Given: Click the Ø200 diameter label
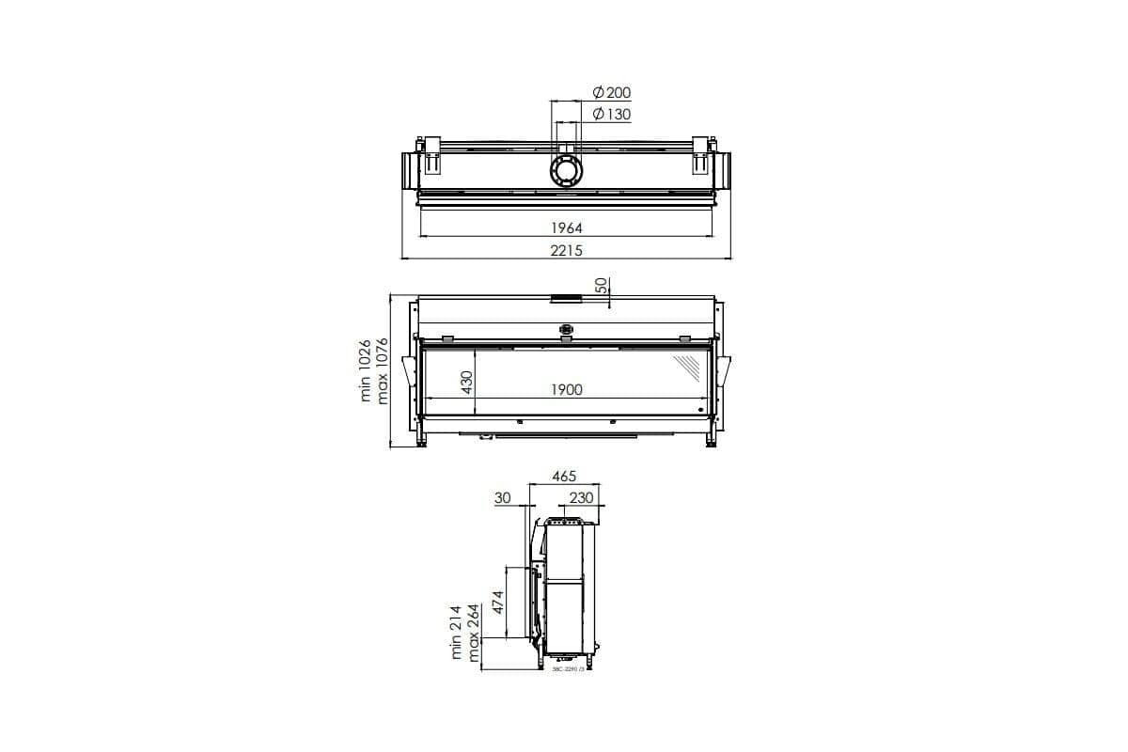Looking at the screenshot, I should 612,92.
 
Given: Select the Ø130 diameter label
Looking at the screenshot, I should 612,115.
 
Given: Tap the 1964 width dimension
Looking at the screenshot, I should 567,227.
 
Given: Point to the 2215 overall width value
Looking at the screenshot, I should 567,250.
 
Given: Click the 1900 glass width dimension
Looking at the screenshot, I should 567,389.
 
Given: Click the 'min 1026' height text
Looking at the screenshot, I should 367,370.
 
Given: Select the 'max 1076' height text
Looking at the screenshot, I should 383,370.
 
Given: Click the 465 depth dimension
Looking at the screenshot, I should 564,477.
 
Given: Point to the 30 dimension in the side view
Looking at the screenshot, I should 502,498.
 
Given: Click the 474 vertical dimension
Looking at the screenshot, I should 498,603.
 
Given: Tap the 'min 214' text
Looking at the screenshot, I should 458,632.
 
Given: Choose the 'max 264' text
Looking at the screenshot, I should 474,632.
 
